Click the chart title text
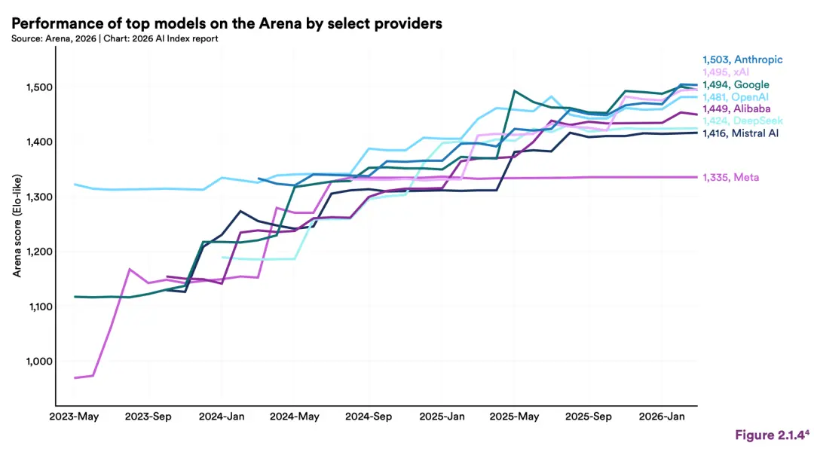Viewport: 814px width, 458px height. (x=226, y=23)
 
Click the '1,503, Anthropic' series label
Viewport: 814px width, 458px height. (x=742, y=60)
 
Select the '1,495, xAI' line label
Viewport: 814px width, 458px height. (x=728, y=72)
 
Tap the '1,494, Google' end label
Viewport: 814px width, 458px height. (x=736, y=85)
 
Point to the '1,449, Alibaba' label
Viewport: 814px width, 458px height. (x=736, y=109)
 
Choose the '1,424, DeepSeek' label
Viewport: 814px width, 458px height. (x=742, y=121)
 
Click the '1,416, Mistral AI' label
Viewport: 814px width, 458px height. (x=740, y=133)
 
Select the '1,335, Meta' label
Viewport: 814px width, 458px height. (x=730, y=177)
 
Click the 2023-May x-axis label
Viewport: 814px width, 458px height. (x=74, y=416)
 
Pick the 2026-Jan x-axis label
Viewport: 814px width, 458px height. (x=662, y=416)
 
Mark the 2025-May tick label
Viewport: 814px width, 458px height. (x=515, y=416)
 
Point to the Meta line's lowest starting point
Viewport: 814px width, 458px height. (x=75, y=377)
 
